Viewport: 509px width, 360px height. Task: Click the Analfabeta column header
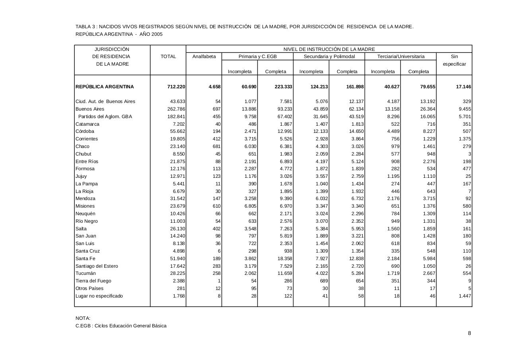coord(204,56)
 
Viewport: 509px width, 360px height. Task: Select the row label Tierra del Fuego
coord(93,281)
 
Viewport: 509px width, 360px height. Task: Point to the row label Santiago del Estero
coord(97,266)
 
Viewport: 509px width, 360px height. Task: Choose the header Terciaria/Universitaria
coord(400,56)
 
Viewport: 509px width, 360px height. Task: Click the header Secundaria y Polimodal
coord(329,56)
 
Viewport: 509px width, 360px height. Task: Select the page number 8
coord(469,333)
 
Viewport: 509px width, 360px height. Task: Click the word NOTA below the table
coord(83,318)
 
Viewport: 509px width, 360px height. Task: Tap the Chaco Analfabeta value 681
coord(217,146)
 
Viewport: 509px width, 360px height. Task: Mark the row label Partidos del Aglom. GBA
coord(105,117)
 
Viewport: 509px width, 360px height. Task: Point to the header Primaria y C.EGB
coord(257,56)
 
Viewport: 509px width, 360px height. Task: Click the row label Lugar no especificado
coord(99,296)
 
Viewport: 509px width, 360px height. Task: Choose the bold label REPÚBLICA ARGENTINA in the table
coord(105,87)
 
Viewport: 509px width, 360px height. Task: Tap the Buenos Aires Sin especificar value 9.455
coord(464,109)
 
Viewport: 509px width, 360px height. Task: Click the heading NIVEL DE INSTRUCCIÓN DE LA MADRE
coord(329,49)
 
